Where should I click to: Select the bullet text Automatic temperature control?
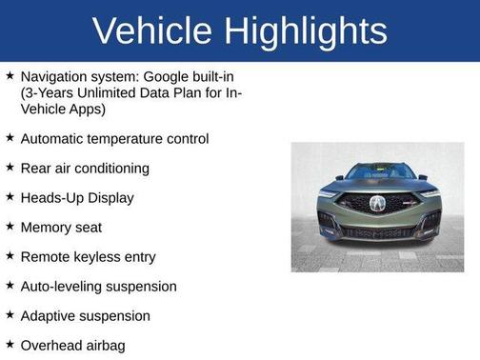114,139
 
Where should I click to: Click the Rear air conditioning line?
85,169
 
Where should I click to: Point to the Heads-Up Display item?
77,198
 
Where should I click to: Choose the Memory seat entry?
61,228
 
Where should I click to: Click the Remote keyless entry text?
88,257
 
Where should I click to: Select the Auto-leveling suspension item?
98,287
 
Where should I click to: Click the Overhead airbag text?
72,346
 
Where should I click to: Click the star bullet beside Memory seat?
10,227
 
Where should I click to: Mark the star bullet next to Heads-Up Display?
10,197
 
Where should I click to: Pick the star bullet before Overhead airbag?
10,345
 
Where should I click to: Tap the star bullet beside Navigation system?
10,73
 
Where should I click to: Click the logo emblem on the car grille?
377,204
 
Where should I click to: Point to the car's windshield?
377,171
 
